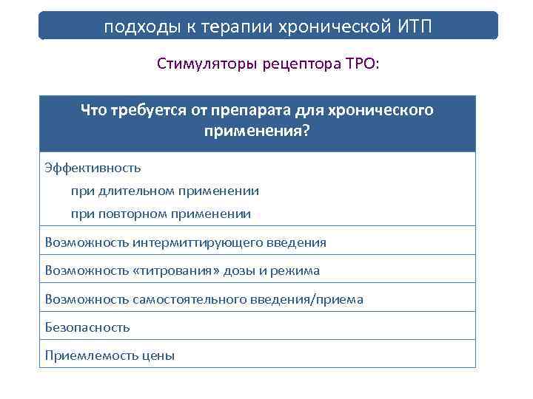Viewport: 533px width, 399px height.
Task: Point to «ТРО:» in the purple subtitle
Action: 361,64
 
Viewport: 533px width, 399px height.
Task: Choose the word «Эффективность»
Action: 93,168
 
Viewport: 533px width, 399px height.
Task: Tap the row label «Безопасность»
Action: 87,327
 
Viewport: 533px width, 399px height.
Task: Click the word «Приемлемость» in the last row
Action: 88,355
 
